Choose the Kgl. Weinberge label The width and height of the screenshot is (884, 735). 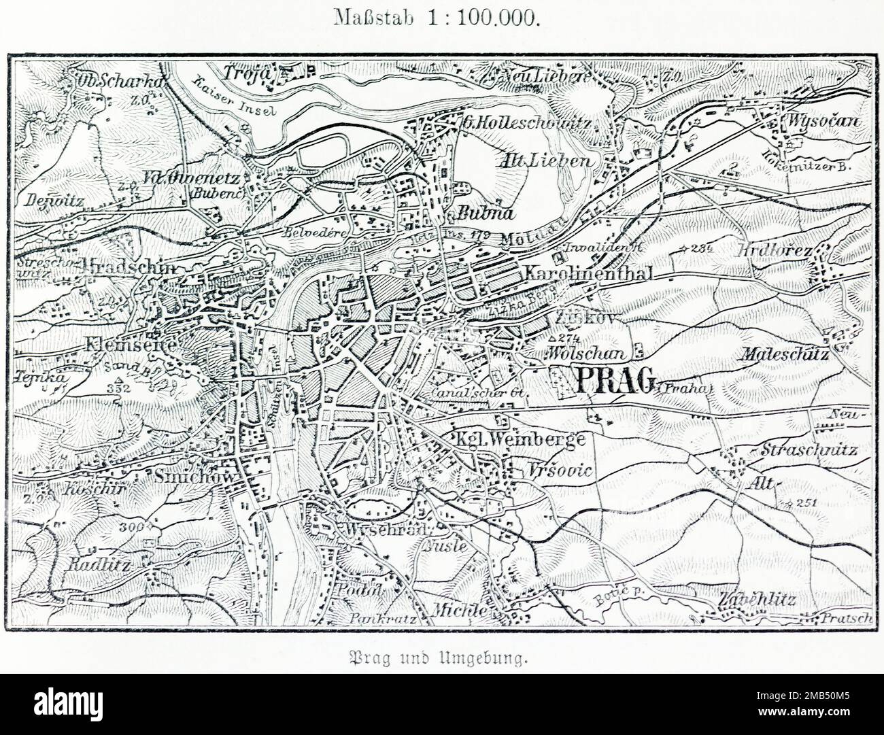point(520,439)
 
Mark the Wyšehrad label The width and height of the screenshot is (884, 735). point(385,530)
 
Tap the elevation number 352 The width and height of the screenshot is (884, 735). point(118,388)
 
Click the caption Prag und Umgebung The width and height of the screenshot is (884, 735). point(441,658)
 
